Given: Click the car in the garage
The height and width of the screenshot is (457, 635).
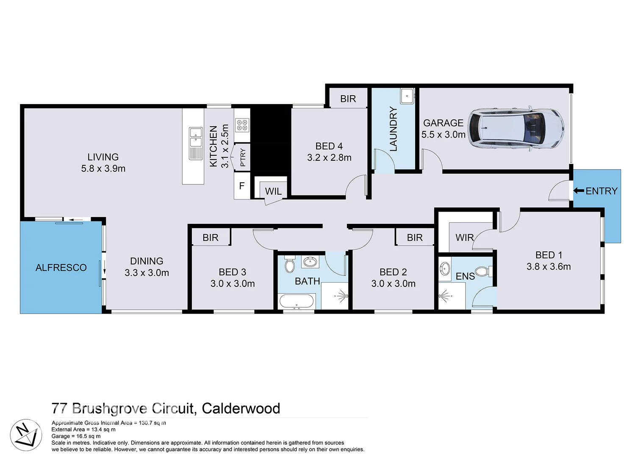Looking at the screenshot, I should pos(516,128).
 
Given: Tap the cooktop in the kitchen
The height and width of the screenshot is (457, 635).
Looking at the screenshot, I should pos(242,125).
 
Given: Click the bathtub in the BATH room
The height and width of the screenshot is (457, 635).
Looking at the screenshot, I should pos(297,302).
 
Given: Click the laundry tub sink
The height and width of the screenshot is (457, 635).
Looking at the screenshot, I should pos(407,96).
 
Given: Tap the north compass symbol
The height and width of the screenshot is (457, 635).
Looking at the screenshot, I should pos(26,435).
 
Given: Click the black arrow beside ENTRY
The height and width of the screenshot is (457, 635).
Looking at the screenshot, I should pos(578,191).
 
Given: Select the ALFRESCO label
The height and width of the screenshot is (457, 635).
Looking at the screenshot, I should pos(61,267).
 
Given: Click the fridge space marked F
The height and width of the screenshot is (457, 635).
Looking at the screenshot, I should pos(242,185).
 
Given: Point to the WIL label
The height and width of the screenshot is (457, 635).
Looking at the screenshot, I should pos(273,191).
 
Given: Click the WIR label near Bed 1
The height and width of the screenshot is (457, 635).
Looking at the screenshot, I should pos(464,237).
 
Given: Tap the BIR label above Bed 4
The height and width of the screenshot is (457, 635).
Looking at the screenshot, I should pos(348,99).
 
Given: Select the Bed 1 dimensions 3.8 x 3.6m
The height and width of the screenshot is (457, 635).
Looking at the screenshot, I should pos(549,267).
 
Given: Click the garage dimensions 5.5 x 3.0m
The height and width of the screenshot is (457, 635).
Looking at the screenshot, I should pos(443,135).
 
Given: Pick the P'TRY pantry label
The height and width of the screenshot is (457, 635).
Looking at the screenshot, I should pos(243,157).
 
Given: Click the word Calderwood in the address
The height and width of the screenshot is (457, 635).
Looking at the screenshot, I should pos(241,408).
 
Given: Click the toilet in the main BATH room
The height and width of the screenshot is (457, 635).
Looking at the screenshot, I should pos(290,264).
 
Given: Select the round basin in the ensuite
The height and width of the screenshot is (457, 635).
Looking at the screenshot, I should pos(445,268).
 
